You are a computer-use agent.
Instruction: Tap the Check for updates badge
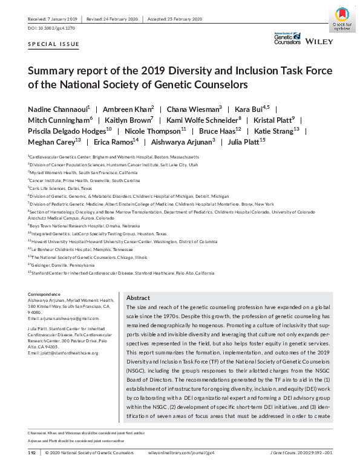[342, 19]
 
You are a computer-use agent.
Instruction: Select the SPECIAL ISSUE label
[53, 44]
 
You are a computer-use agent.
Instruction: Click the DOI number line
[51, 28]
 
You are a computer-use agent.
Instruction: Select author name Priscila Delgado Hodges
[70, 131]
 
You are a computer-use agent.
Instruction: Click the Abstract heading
[138, 298]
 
